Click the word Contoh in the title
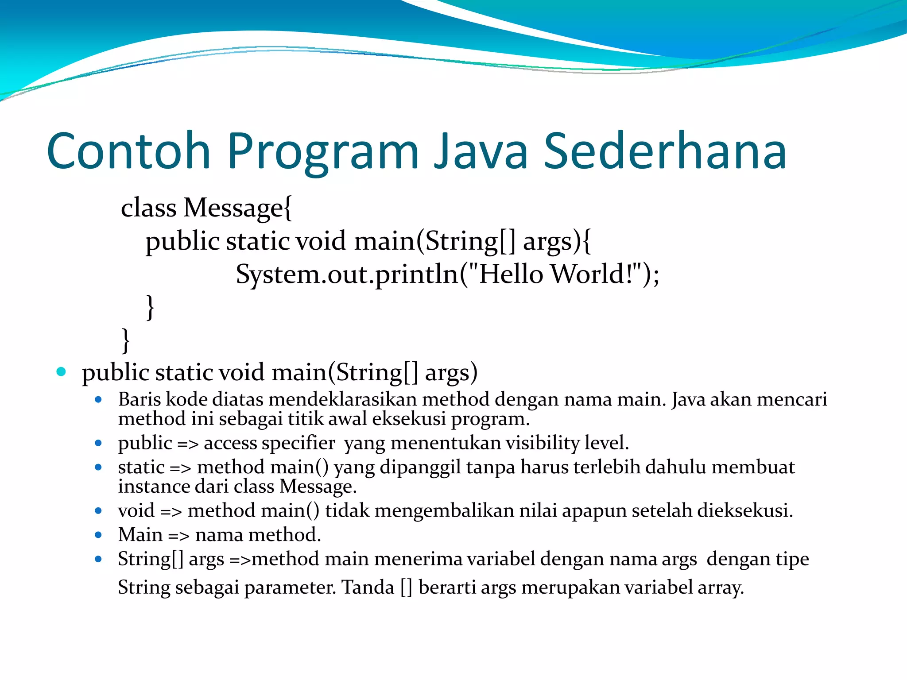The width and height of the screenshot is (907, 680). tap(128, 151)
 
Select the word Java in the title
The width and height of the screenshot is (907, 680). tap(481, 151)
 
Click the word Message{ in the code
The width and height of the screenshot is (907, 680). tap(237, 208)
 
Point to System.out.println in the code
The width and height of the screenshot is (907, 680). tap(348, 274)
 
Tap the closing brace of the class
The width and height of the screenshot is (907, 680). tap(126, 340)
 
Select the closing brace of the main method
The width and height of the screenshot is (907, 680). tap(150, 307)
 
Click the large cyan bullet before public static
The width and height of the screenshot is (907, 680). tap(61, 371)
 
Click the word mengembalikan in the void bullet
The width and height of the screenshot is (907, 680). tap(444, 511)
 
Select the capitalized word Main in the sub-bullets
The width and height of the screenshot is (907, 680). tap(140, 535)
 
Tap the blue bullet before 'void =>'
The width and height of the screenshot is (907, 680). tap(98, 511)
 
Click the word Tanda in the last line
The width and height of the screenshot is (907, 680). tap(368, 588)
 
